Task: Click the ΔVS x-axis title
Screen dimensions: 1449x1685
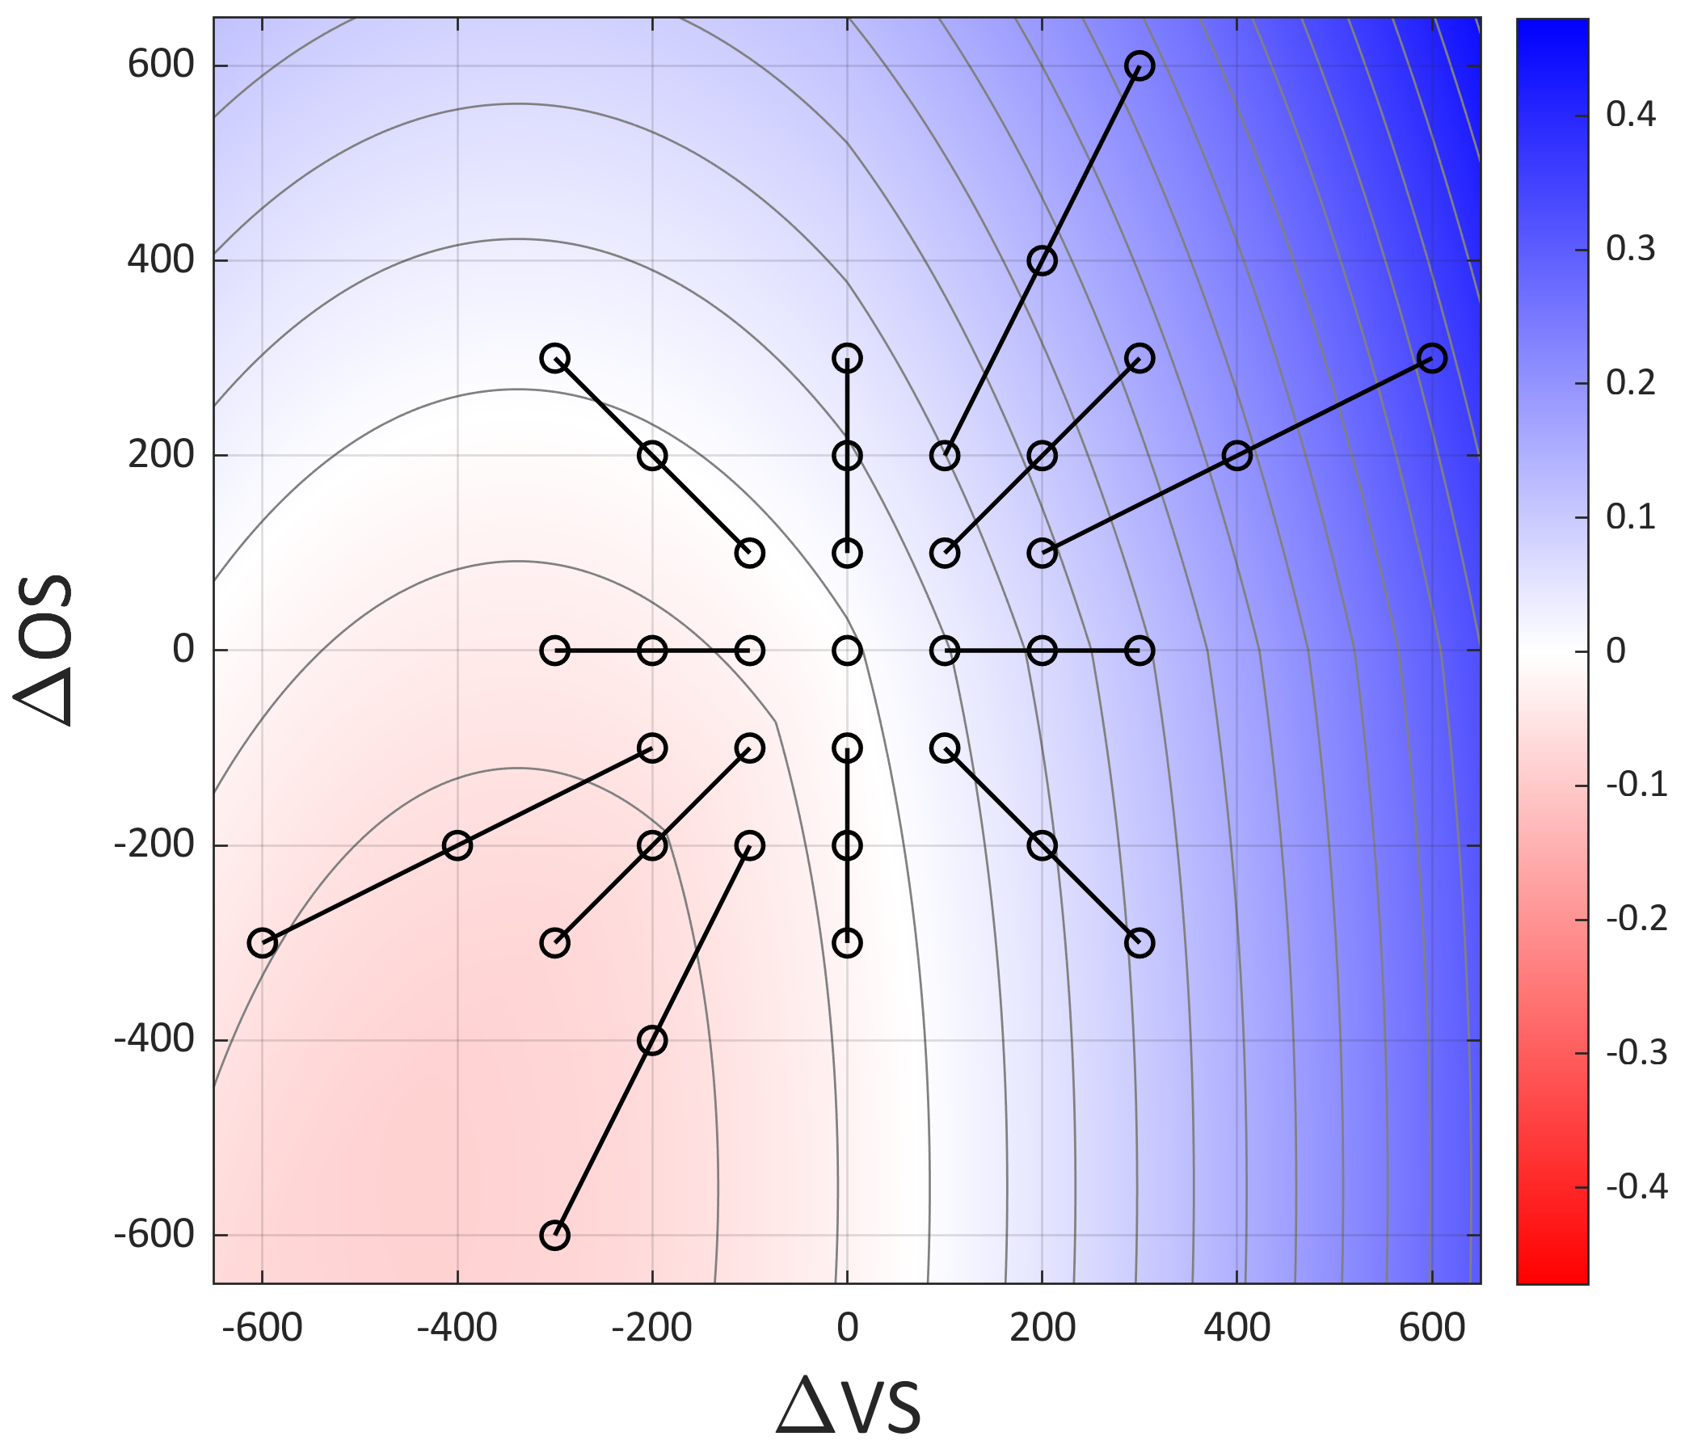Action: [849, 1405]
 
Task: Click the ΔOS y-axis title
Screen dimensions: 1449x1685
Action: [44, 651]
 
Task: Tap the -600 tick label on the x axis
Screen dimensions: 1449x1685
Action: [262, 1329]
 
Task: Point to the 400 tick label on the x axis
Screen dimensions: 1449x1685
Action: [1237, 1329]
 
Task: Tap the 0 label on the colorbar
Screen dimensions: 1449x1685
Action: [1615, 651]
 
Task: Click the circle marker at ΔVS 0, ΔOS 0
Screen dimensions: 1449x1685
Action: [848, 651]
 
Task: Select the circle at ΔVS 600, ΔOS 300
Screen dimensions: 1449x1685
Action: [1432, 358]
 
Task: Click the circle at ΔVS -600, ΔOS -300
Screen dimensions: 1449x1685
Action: [262, 943]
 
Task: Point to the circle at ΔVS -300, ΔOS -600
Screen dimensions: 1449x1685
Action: [554, 1235]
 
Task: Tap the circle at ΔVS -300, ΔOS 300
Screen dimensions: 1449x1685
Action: [554, 358]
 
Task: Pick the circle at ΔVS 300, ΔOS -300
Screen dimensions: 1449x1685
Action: [1140, 943]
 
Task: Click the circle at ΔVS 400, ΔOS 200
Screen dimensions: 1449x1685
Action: [1237, 455]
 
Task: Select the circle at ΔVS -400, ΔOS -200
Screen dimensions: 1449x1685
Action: [457, 845]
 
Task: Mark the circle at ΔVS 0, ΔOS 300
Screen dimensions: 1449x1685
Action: [848, 358]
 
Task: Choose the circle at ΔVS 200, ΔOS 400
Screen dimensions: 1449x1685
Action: [1043, 261]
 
